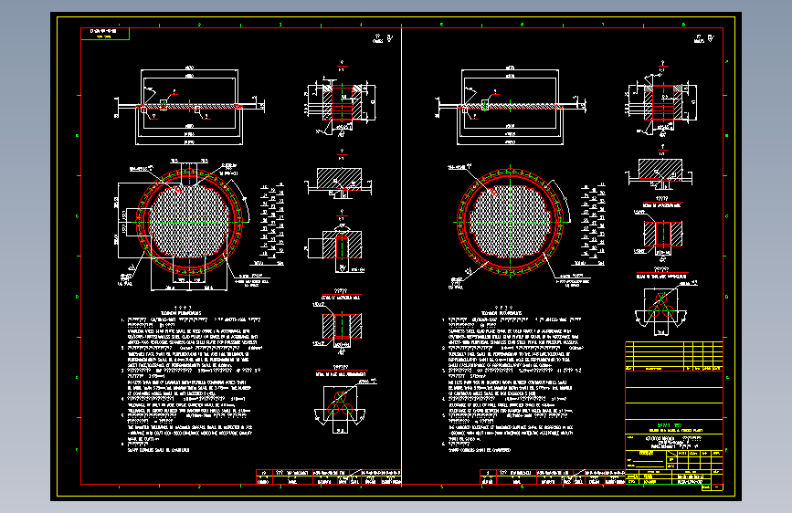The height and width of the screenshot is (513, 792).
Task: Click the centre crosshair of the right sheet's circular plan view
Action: [510, 222]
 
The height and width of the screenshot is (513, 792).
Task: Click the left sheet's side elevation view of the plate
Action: [191, 108]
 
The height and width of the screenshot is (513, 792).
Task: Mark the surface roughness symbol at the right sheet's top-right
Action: [703, 39]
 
